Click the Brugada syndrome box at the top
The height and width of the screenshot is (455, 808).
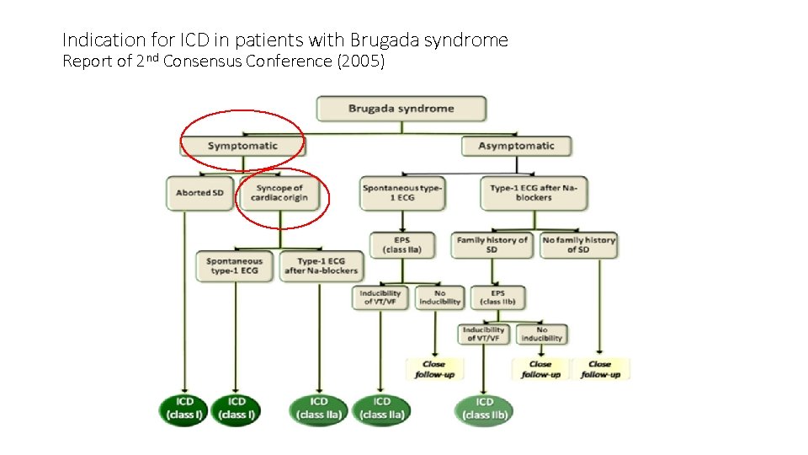401,109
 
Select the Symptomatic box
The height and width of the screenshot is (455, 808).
242,146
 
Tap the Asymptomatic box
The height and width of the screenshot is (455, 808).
516,146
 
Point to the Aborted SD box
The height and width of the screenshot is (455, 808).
199,193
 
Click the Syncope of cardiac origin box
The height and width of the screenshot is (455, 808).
280,193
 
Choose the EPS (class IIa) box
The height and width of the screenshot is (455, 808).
403,245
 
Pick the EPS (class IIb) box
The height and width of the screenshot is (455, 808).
492,297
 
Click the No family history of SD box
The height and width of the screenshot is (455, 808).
578,245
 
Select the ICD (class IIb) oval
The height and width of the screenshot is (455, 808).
484,409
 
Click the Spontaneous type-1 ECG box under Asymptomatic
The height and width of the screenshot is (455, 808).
402,193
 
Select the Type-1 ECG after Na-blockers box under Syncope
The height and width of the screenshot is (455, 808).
320,266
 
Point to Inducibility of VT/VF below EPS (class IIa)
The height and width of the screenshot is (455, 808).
380,297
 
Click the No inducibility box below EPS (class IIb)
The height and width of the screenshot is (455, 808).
541,334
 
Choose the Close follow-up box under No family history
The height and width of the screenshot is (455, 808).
600,369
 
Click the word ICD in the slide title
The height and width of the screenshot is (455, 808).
188,40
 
